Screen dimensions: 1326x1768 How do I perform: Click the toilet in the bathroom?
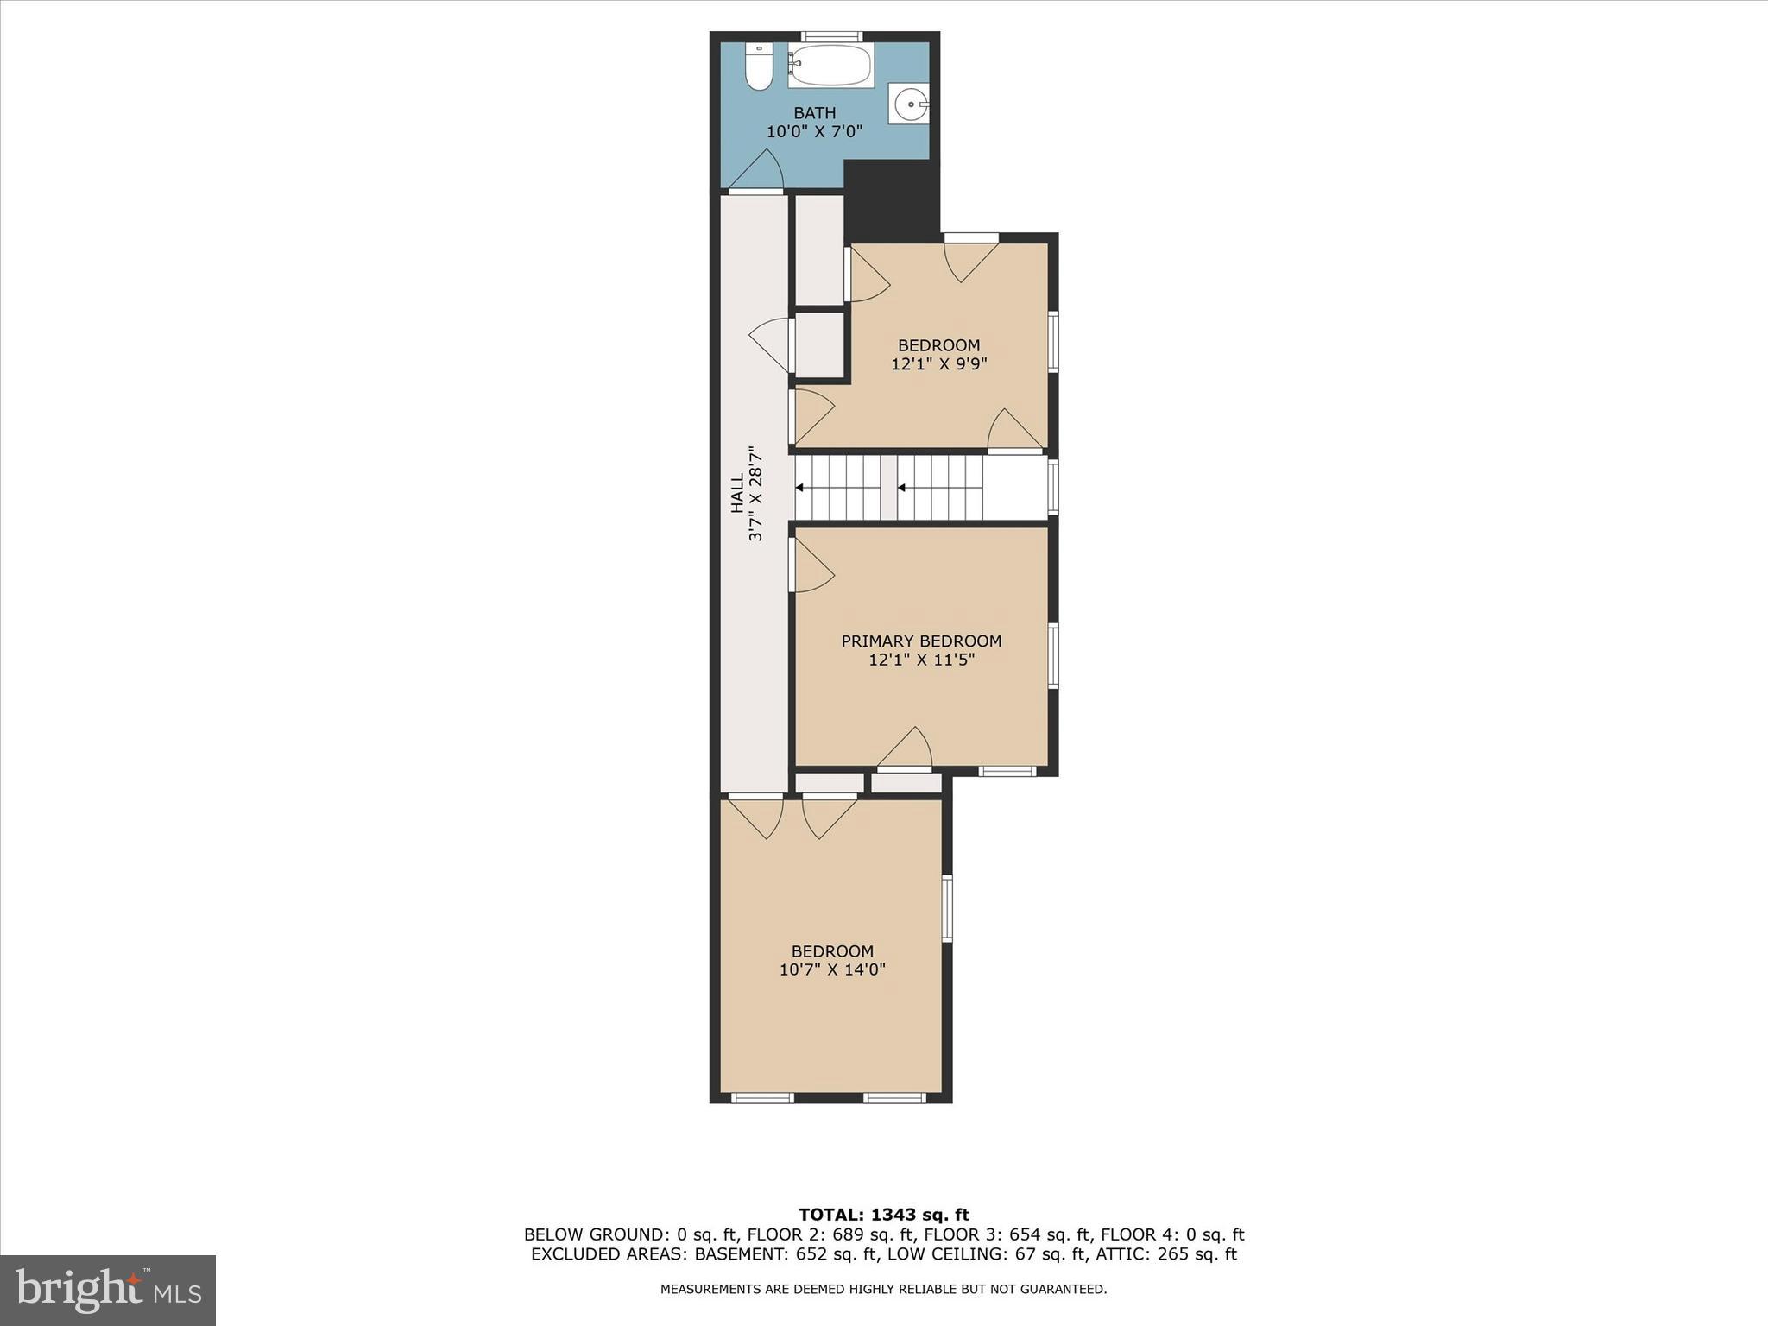coord(759,67)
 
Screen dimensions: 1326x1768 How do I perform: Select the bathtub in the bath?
coord(830,66)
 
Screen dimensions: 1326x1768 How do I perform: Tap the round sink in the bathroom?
coord(909,104)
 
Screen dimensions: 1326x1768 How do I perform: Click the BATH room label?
coord(815,113)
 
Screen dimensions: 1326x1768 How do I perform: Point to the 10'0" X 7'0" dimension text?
coord(815,132)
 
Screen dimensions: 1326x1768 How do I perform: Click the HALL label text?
coord(737,493)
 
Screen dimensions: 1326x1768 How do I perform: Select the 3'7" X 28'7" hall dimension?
coord(756,493)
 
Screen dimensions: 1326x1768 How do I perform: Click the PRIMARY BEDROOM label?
coord(921,641)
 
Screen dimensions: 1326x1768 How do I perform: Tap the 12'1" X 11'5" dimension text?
coord(921,660)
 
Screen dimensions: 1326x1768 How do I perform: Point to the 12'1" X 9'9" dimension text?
coord(938,364)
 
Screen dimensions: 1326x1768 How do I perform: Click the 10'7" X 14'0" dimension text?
coord(832,969)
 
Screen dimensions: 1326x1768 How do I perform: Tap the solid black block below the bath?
coord(891,199)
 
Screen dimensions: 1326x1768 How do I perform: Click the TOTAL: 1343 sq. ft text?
coord(884,1215)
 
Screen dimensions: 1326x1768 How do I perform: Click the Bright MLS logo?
coord(108,1290)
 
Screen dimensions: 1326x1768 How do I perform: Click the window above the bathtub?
coord(830,36)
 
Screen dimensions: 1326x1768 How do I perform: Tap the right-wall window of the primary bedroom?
coord(1053,655)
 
